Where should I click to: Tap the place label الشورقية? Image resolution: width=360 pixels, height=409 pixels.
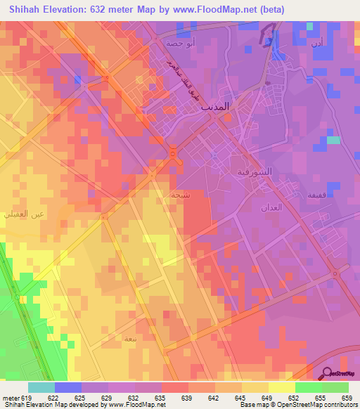pyautogui.click(x=252, y=171)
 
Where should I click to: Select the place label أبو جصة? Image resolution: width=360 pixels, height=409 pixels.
pyautogui.click(x=176, y=42)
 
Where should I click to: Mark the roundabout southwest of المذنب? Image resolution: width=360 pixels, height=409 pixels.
pyautogui.click(x=173, y=152)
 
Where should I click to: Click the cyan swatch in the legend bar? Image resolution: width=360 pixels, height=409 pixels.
pyautogui.click(x=41, y=387)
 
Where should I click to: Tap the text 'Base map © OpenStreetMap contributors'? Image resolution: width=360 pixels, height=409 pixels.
pyautogui.click(x=299, y=405)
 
